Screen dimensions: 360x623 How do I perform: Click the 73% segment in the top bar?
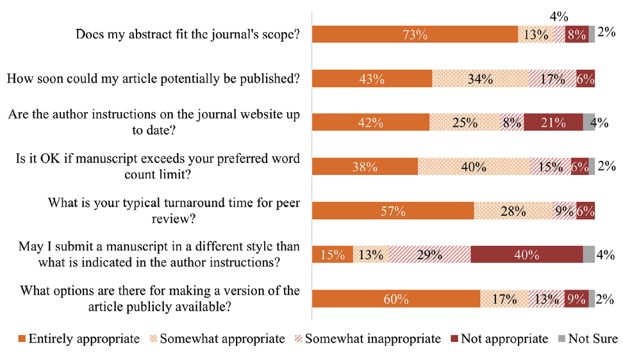coord(415,35)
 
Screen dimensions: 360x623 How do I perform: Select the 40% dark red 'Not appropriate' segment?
coord(526,255)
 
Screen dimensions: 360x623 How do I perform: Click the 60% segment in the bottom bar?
coord(395,299)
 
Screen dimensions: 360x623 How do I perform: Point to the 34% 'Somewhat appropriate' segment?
coord(480,79)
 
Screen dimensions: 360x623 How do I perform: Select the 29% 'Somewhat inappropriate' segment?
coord(429,255)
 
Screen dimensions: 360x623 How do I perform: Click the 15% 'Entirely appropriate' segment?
coord(332,255)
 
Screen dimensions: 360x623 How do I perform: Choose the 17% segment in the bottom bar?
coord(504,299)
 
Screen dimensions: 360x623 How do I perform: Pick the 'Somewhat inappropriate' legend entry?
coord(367,339)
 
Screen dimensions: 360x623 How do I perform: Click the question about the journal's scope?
coord(188,35)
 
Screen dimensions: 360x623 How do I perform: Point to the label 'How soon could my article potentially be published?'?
coord(153,79)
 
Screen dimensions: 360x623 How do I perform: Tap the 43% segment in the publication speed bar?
coord(372,79)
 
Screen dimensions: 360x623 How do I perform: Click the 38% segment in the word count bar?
coord(365,167)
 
